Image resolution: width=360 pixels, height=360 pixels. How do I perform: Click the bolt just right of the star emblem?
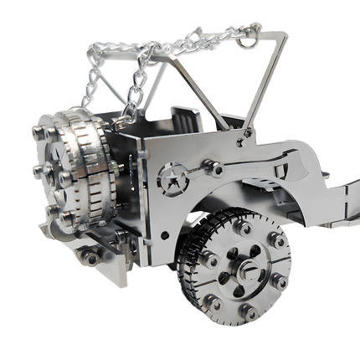(216, 168)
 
